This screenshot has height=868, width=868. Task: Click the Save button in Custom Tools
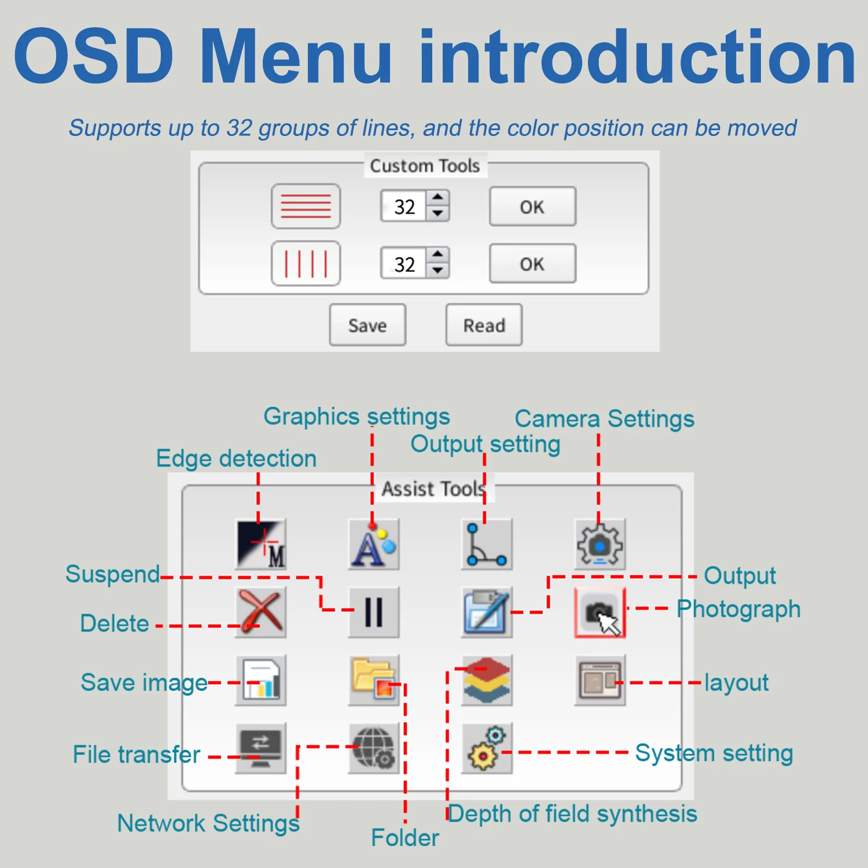(367, 325)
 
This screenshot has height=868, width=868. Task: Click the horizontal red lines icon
(306, 206)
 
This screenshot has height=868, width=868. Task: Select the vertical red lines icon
(306, 264)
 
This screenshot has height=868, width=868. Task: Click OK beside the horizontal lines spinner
(532, 207)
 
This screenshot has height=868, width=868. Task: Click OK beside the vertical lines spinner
(532, 264)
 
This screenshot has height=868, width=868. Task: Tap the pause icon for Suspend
(374, 612)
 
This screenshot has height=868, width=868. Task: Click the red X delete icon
(261, 612)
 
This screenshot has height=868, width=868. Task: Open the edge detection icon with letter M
(261, 544)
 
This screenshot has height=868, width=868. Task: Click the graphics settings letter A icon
(374, 545)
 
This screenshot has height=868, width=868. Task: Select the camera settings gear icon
(600, 545)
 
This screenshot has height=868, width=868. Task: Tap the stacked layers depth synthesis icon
(487, 681)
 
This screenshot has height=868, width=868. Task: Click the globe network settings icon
(374, 748)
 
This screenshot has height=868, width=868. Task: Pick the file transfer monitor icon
(261, 748)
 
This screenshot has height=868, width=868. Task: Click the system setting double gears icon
(487, 748)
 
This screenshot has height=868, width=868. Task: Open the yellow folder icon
(374, 681)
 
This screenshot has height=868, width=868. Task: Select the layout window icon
(600, 681)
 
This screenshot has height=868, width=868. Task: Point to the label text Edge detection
(236, 458)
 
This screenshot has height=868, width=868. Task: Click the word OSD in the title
(94, 56)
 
